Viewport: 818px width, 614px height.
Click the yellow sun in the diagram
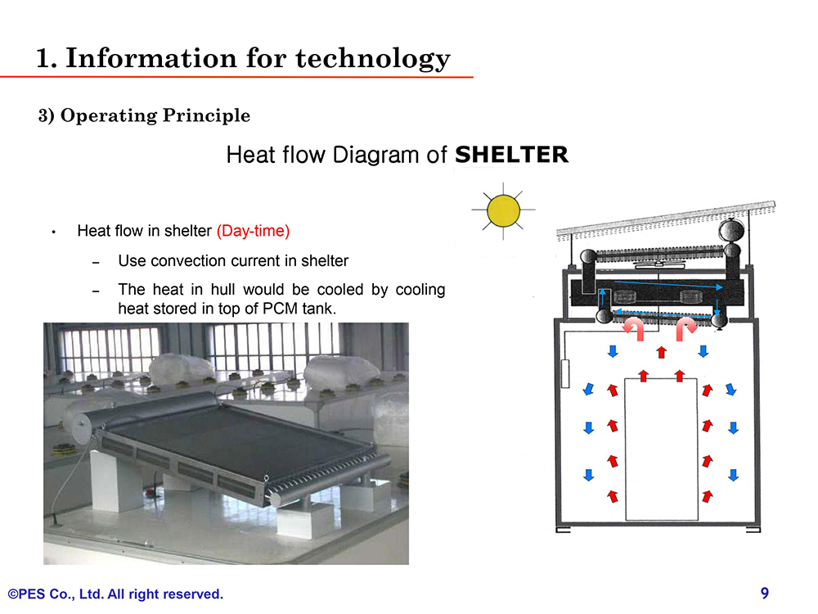(x=503, y=210)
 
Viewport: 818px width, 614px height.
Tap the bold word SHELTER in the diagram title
(x=511, y=155)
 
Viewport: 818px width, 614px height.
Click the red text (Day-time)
(x=253, y=231)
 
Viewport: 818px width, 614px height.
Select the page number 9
(x=765, y=593)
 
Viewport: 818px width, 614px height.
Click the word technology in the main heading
(x=373, y=58)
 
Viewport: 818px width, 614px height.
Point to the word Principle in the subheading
(x=207, y=115)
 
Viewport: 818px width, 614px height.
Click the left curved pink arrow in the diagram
(x=635, y=328)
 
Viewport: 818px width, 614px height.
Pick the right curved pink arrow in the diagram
(x=685, y=328)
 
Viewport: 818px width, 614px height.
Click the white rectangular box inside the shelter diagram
(x=662, y=449)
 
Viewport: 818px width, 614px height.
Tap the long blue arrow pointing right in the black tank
(x=668, y=285)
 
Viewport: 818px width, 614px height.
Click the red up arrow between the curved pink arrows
(x=662, y=352)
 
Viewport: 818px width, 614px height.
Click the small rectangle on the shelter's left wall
(x=565, y=373)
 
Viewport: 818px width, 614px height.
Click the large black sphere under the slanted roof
(x=730, y=230)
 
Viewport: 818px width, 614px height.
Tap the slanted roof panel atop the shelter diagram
(x=666, y=219)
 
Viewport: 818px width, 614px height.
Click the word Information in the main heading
(x=151, y=57)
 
